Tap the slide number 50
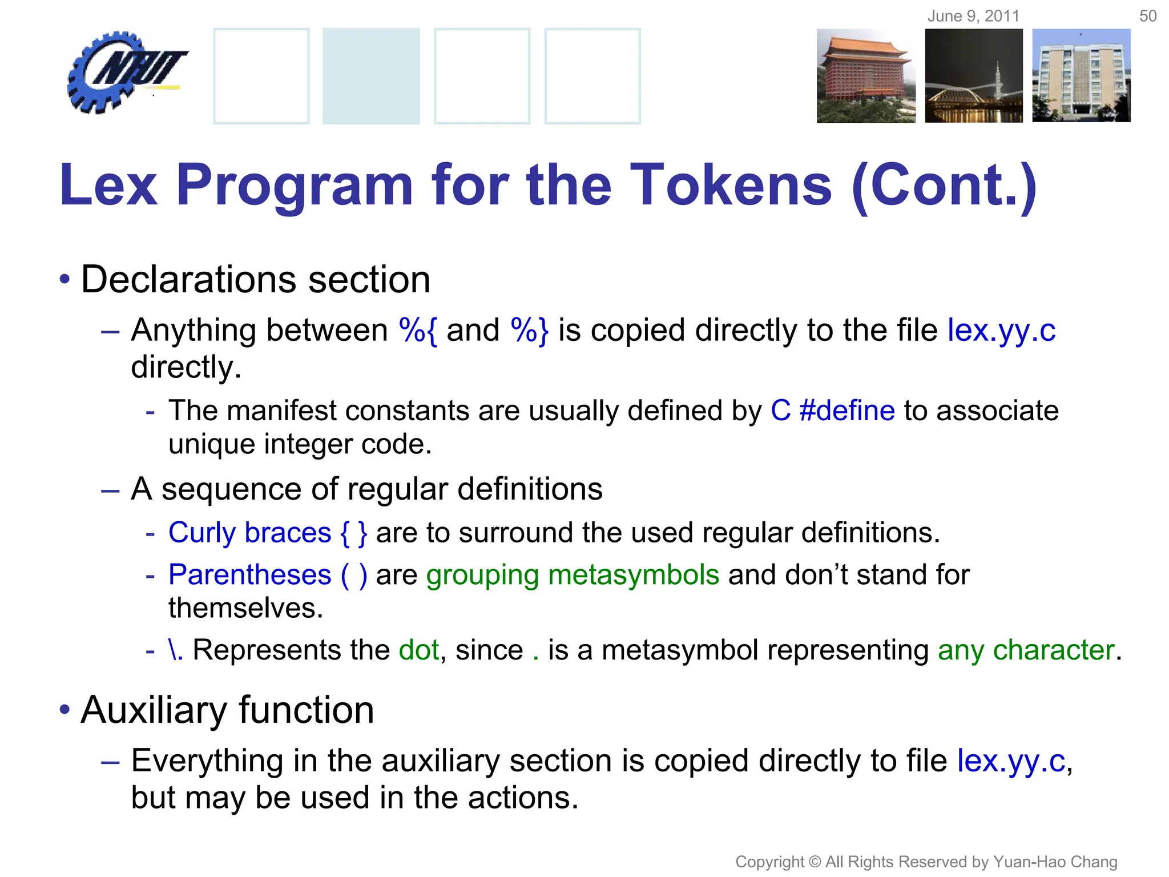click(x=1147, y=16)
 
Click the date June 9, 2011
click(x=973, y=16)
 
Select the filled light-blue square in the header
click(x=371, y=76)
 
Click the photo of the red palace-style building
click(x=865, y=76)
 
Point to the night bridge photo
click(x=974, y=76)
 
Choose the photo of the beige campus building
click(x=1081, y=76)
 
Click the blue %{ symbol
click(x=418, y=330)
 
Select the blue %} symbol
click(x=530, y=330)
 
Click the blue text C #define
click(x=832, y=411)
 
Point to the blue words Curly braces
click(x=249, y=533)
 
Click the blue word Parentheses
click(x=249, y=575)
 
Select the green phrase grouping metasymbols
click(x=573, y=575)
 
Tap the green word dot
click(x=419, y=650)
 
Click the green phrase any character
click(x=1026, y=650)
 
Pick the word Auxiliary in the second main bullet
click(x=154, y=710)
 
